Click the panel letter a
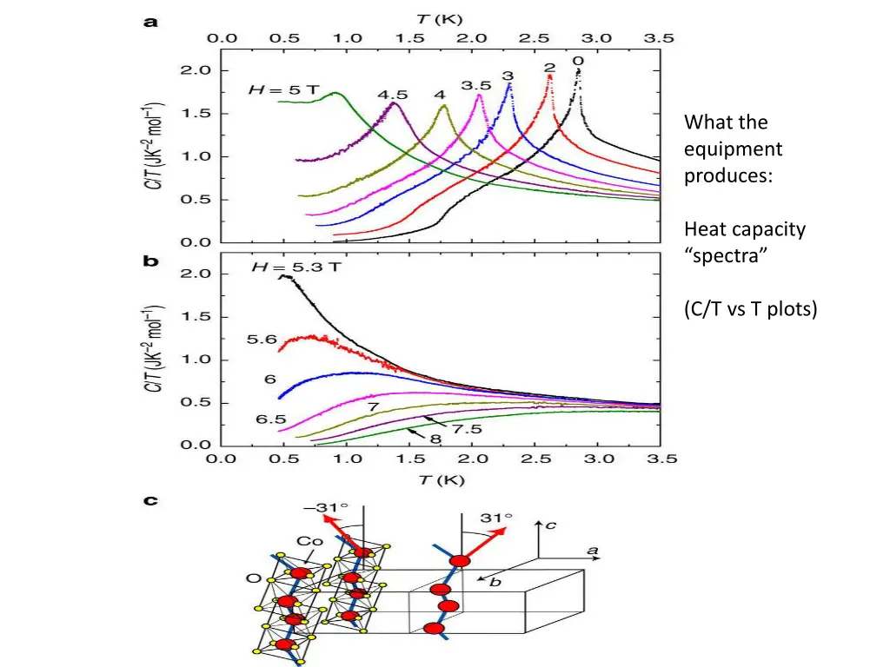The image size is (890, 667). [150, 24]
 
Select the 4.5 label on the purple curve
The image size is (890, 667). [393, 94]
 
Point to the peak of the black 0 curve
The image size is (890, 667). [578, 72]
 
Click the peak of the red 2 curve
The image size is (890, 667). [549, 76]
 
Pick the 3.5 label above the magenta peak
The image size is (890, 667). [475, 85]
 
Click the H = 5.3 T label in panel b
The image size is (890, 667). [297, 267]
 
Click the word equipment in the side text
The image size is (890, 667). [733, 149]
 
